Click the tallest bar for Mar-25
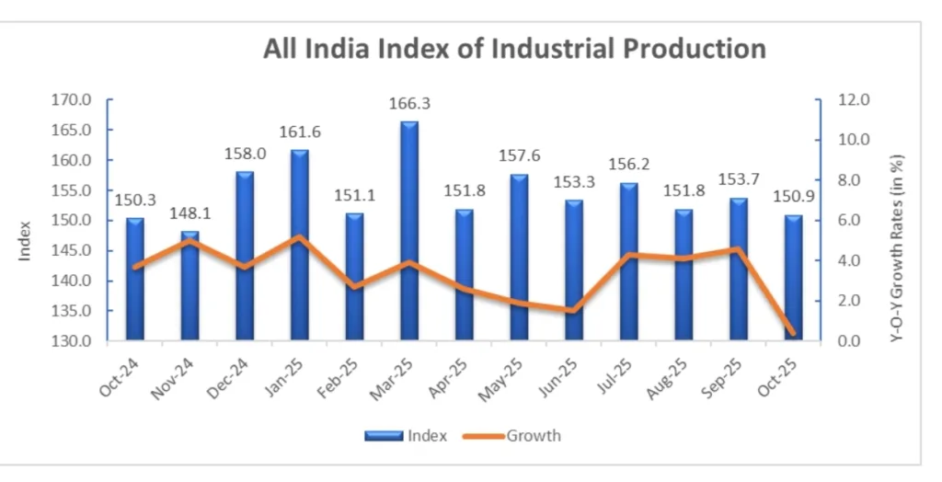(x=409, y=230)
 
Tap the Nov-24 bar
(x=190, y=285)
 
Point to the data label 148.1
(x=190, y=213)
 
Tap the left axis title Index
(x=26, y=238)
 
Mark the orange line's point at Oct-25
(x=792, y=332)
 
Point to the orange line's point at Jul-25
(x=628, y=255)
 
